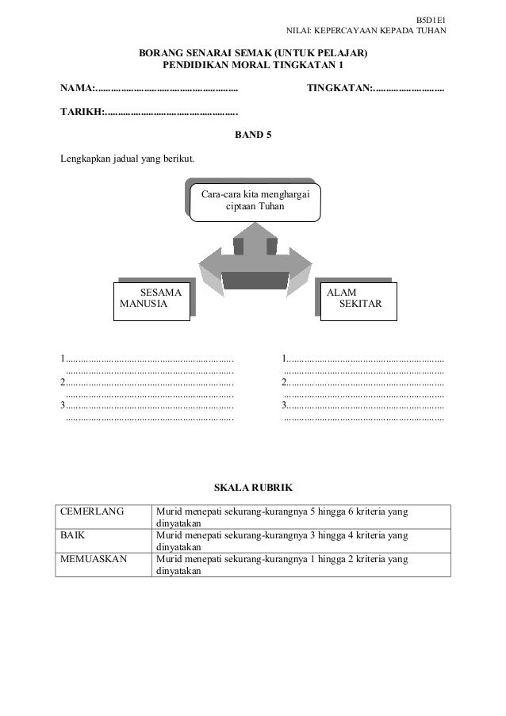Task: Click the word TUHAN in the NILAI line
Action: pos(431,32)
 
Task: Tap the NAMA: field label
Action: pos(79,86)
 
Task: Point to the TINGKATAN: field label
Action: pos(339,86)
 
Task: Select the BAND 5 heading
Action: pos(253,135)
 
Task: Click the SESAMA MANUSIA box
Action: pos(152,298)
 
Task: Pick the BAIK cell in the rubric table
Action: pos(74,535)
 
